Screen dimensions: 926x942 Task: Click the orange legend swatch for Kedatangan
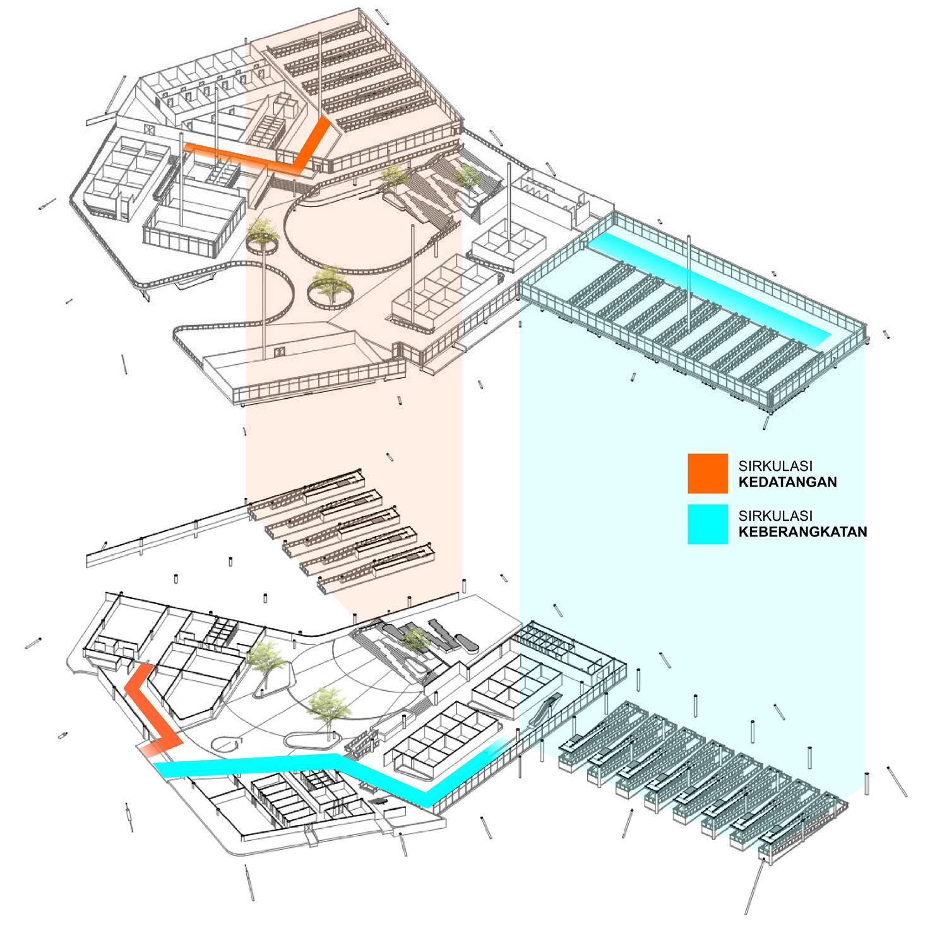[707, 473]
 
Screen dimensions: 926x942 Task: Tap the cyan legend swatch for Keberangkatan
[707, 524]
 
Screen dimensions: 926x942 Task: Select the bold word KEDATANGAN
[787, 482]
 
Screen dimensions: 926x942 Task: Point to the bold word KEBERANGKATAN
[802, 532]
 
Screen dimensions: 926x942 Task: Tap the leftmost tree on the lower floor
[264, 660]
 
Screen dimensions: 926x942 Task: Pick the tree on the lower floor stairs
[415, 639]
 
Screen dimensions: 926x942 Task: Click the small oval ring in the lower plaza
[226, 743]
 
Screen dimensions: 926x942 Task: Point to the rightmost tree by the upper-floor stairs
[468, 177]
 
